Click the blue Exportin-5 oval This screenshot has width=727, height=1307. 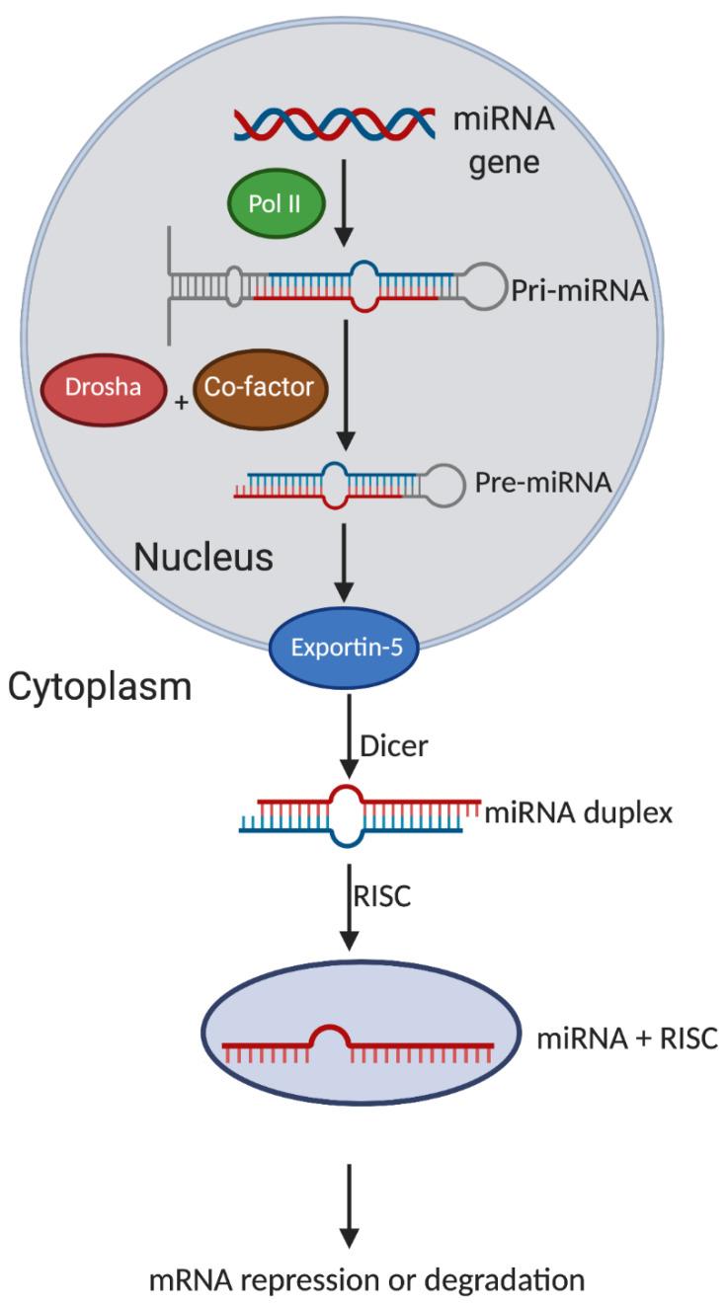pos(345,649)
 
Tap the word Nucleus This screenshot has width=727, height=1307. pos(202,557)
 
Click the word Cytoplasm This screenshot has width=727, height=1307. pos(100,687)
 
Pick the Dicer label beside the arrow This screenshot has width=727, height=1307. pos(394,745)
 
